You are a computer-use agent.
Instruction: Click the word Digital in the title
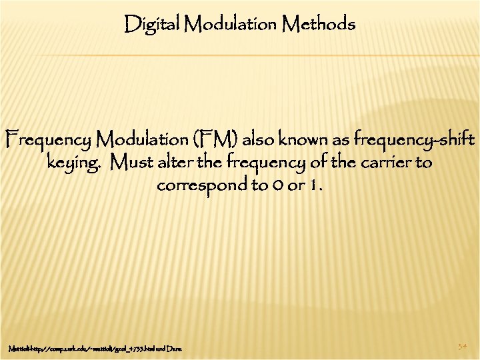[x=153, y=25]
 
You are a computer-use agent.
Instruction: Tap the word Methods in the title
[x=319, y=25]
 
